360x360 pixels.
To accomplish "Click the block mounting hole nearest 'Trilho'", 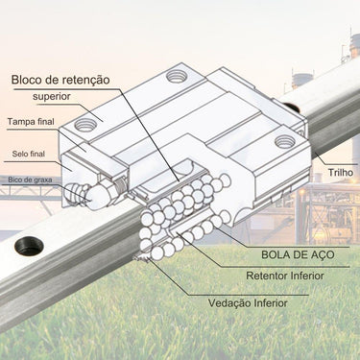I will tap(284, 141).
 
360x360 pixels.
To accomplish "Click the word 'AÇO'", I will tap(322, 255).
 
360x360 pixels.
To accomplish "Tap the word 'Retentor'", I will tap(268, 276).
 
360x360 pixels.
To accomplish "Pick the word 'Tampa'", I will tap(21, 122).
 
